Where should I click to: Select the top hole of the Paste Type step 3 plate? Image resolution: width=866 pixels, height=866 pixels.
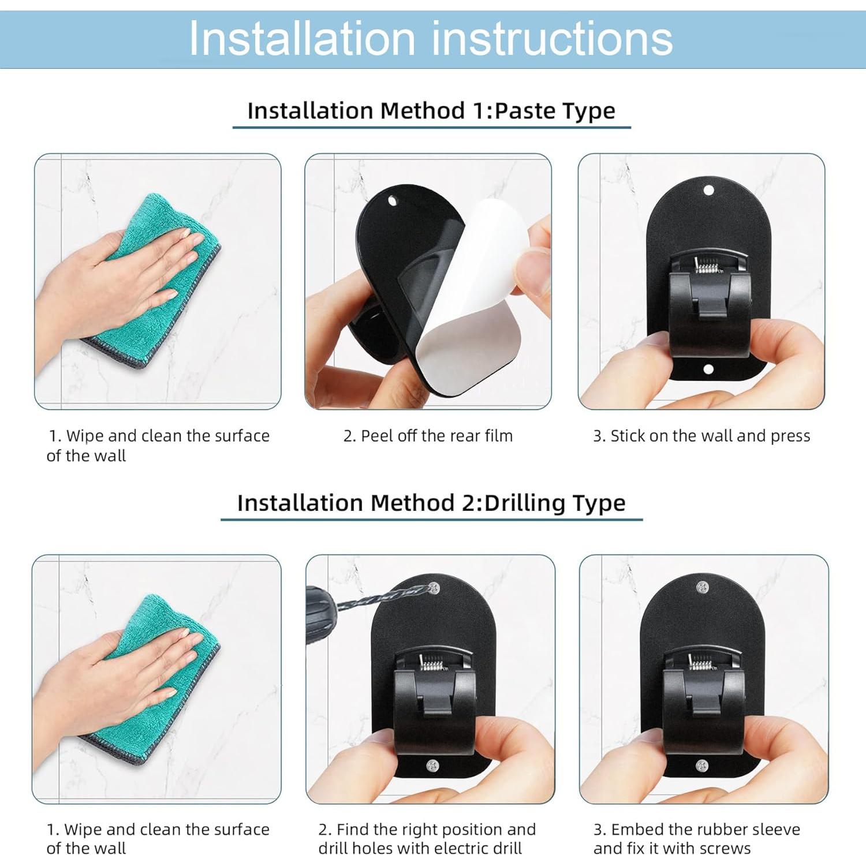tap(709, 190)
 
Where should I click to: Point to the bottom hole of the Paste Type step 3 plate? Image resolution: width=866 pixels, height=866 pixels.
tap(708, 369)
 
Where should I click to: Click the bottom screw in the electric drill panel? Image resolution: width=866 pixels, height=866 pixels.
tap(432, 766)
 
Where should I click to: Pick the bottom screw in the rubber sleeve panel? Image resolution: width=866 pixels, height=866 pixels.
tap(702, 765)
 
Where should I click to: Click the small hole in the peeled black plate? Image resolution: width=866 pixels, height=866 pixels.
tap(394, 203)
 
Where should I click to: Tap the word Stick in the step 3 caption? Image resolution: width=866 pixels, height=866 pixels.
tap(628, 436)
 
